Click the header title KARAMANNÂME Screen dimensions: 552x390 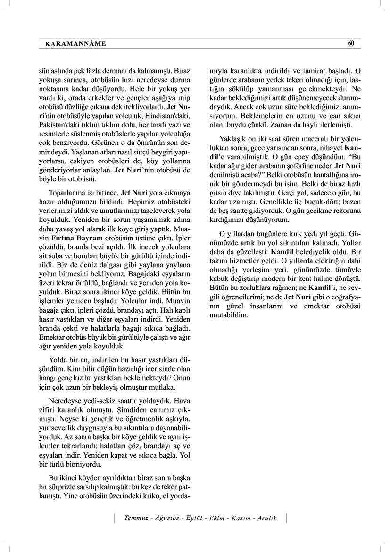[75, 44]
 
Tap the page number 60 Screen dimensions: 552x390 [350, 43]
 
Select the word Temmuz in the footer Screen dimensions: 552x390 [136, 518]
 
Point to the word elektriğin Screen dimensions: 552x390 [332, 261]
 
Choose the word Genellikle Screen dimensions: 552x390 [272, 201]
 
